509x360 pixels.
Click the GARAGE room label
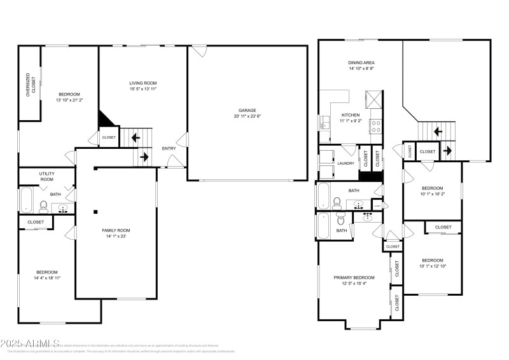[x=248, y=110]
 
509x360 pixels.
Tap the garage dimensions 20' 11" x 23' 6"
[x=248, y=116]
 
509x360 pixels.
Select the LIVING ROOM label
[x=143, y=83]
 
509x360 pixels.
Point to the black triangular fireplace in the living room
[x=106, y=118]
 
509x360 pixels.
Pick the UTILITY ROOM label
[x=46, y=176]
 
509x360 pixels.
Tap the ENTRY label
[x=169, y=149]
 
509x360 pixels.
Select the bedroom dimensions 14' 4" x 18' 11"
[x=46, y=278]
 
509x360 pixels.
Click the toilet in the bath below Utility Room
[x=44, y=205]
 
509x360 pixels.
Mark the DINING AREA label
[x=360, y=62]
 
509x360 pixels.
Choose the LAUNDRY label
[x=345, y=163]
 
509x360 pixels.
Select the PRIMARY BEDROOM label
[x=354, y=277]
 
